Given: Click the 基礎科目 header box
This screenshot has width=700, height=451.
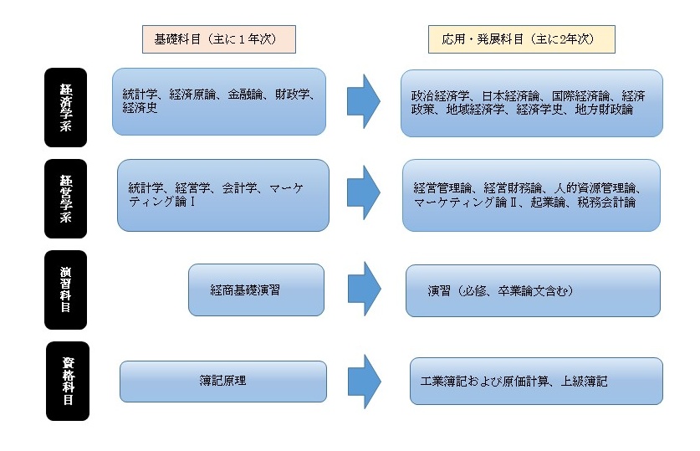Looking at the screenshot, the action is [x=219, y=39].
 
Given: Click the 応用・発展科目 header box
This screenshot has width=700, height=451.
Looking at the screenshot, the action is [x=521, y=39].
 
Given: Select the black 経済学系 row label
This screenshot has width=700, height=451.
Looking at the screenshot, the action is [x=65, y=107].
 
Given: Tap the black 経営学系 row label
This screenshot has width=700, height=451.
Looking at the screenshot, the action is [x=65, y=198].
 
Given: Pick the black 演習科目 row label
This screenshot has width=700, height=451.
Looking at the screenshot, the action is [x=65, y=290].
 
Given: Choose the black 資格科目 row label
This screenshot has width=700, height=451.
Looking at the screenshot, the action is [x=68, y=381].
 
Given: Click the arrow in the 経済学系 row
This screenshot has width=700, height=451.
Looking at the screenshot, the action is [x=364, y=101].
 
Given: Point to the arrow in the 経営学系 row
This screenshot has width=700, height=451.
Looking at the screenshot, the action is [x=364, y=192].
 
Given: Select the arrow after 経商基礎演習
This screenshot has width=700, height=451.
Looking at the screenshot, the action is [x=365, y=289].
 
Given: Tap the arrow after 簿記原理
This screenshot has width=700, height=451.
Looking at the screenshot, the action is [x=365, y=382].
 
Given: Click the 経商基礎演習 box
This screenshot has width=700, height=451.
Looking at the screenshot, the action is [x=256, y=290].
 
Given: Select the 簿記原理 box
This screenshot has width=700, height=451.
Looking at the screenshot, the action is [x=223, y=382].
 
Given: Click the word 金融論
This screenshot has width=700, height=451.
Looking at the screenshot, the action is [x=245, y=95].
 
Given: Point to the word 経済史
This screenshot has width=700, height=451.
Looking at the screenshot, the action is [x=141, y=108].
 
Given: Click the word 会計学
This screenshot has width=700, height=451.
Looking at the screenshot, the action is [x=240, y=188].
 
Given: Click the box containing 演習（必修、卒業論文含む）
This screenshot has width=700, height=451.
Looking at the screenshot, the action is [x=533, y=290].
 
